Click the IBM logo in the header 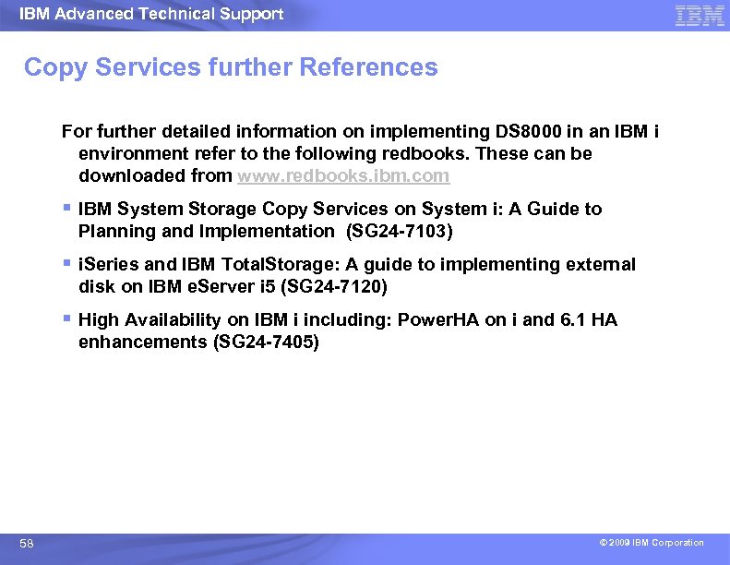[700, 16]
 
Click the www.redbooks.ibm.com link [343, 175]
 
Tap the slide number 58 [28, 544]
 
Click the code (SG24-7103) [399, 231]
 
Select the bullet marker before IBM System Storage [66, 208]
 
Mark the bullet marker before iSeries [66, 263]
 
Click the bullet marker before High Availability [66, 319]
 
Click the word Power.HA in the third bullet [437, 319]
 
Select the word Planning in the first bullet [115, 231]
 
